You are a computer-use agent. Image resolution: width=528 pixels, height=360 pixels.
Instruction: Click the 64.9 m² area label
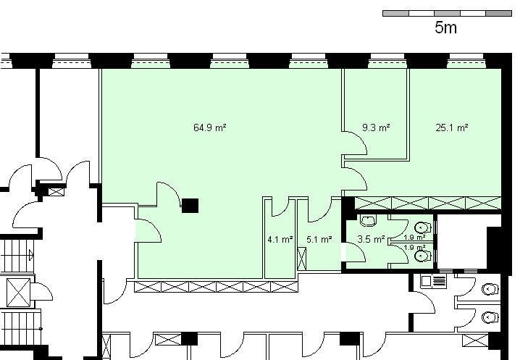click(x=210, y=127)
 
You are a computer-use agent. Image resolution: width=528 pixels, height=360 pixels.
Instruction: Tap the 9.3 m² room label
click(x=376, y=127)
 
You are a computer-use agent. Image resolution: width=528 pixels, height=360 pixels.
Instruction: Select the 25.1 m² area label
click(x=451, y=127)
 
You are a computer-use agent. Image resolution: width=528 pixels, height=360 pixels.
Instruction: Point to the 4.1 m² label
click(x=280, y=240)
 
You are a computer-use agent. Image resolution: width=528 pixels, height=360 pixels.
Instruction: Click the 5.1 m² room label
click(x=319, y=240)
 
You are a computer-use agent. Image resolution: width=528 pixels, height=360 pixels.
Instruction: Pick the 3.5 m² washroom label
click(x=371, y=239)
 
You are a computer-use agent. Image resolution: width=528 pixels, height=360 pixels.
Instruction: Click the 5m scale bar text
click(x=445, y=28)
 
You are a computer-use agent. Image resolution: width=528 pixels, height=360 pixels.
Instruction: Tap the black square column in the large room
click(x=190, y=206)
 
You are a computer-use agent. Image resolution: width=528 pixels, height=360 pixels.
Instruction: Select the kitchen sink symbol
click(x=434, y=281)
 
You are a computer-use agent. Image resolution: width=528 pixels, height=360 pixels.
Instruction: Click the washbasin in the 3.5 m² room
click(x=369, y=221)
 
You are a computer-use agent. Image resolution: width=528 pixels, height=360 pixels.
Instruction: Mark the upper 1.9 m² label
click(x=414, y=237)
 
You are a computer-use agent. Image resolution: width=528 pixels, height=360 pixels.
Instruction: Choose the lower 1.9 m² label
click(x=414, y=248)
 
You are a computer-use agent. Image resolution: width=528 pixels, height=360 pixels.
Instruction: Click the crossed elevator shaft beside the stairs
click(x=19, y=293)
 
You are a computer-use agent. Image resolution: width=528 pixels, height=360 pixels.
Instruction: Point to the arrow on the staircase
click(x=31, y=255)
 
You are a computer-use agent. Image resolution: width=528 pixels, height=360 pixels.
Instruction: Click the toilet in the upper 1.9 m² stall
click(x=423, y=228)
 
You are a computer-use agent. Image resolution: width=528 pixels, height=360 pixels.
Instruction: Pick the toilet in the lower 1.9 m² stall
click(x=423, y=256)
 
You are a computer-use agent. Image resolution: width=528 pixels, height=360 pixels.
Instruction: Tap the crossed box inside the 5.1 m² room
click(x=302, y=259)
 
